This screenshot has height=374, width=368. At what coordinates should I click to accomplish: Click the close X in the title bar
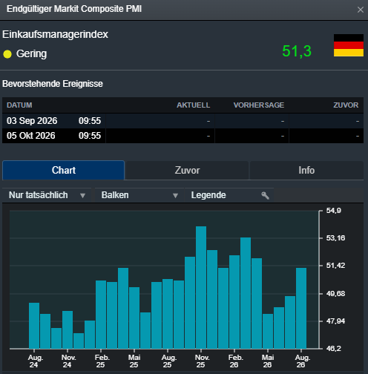361,10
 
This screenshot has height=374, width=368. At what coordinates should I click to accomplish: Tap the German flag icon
349,45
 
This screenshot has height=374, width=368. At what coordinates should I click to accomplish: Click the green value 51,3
297,51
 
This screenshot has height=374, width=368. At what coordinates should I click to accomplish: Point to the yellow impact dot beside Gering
7,54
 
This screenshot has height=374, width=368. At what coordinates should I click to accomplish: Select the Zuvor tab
187,170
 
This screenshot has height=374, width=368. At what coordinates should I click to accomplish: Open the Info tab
306,170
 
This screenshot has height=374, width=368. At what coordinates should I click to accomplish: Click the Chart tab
63,170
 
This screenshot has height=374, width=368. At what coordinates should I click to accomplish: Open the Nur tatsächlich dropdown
47,195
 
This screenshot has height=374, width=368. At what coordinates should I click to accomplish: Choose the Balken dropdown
139,195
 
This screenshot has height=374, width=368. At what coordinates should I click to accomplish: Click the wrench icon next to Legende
265,195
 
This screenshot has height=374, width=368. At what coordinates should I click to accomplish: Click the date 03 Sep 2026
32,121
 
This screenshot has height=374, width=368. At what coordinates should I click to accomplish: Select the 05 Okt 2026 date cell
31,136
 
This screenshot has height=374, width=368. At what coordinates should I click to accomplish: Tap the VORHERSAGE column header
259,105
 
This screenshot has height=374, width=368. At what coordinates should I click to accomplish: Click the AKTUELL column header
193,105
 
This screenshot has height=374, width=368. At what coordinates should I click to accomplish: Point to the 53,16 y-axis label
335,238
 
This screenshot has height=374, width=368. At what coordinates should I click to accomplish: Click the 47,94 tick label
335,321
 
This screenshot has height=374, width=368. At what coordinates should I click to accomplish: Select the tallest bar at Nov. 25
201,287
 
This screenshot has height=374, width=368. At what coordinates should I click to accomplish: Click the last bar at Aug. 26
301,308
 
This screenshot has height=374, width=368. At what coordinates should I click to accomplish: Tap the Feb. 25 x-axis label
102,361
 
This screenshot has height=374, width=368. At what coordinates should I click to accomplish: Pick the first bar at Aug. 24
34,326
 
